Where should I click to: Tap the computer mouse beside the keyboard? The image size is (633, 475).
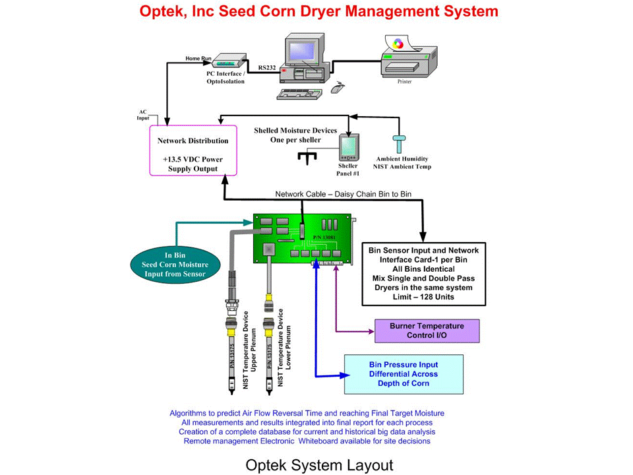(337, 86)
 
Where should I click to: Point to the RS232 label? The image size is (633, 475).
(267, 67)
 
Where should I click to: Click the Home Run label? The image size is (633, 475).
(197, 58)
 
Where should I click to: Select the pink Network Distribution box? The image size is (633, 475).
(193, 150)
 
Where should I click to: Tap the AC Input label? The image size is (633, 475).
(143, 115)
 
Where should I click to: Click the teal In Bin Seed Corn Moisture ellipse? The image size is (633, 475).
(177, 265)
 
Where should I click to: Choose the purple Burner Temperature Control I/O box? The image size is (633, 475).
(426, 331)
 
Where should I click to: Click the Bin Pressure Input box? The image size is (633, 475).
(398, 374)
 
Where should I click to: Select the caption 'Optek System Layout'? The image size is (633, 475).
(319, 464)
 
